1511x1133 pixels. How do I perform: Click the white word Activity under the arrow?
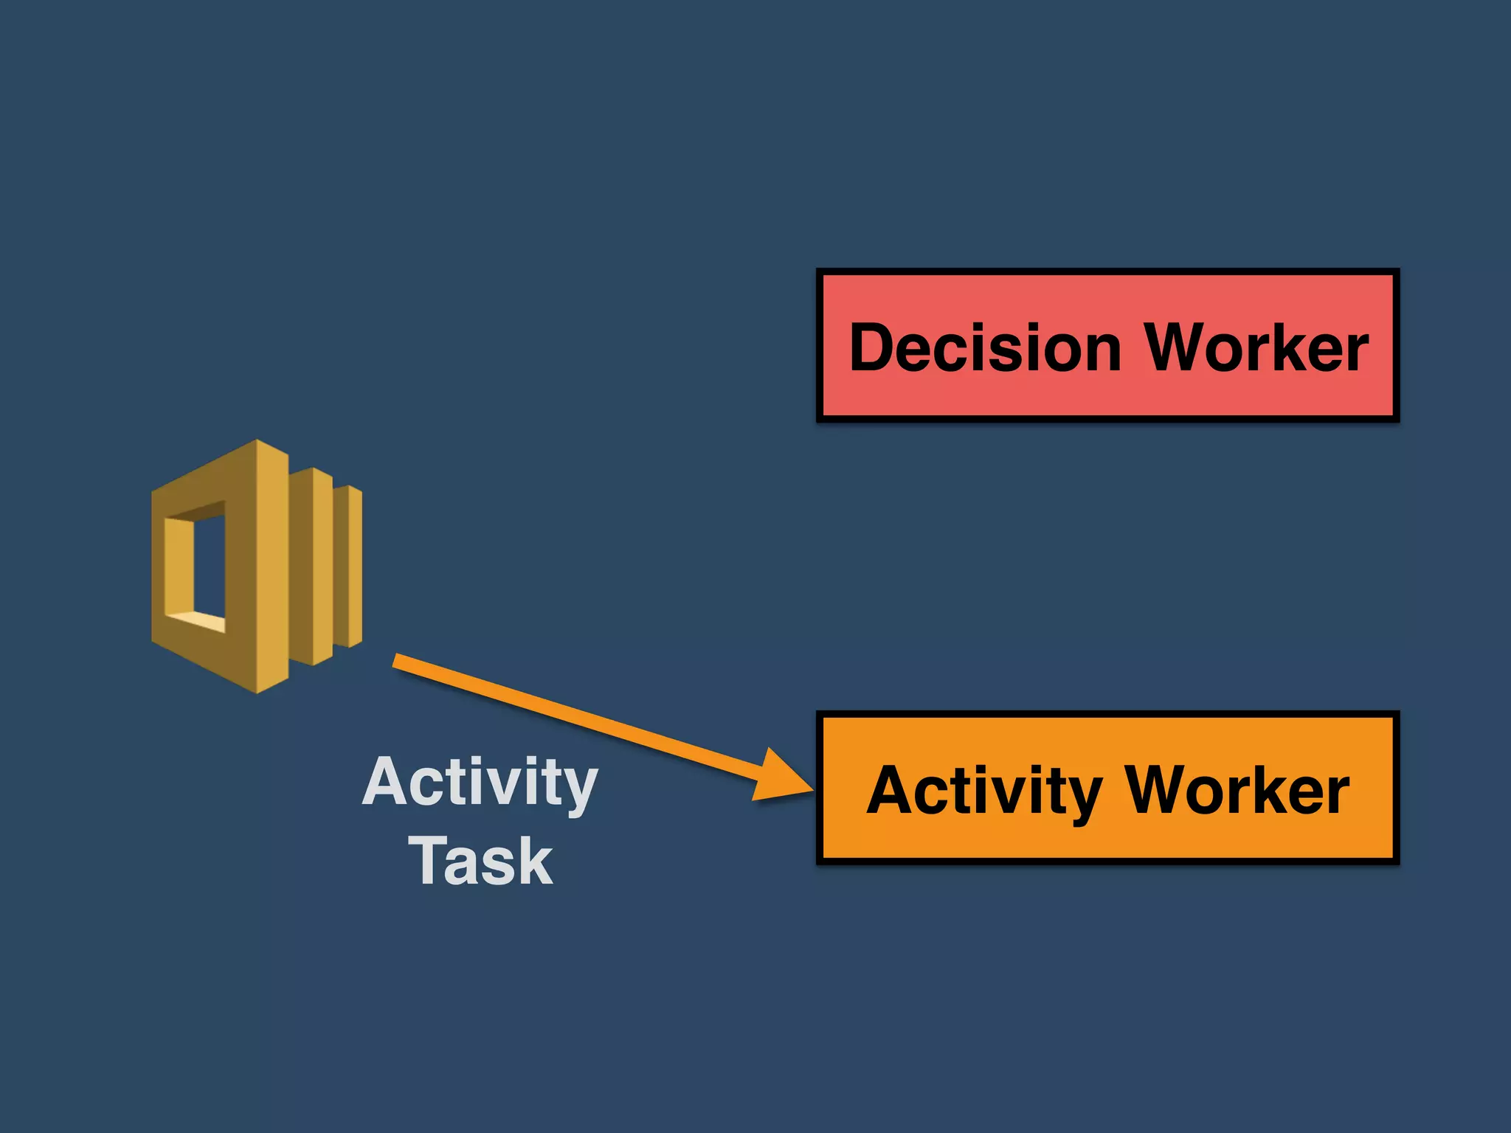(x=480, y=783)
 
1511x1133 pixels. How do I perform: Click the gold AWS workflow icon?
(x=256, y=566)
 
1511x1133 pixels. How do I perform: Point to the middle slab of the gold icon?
(x=322, y=566)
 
